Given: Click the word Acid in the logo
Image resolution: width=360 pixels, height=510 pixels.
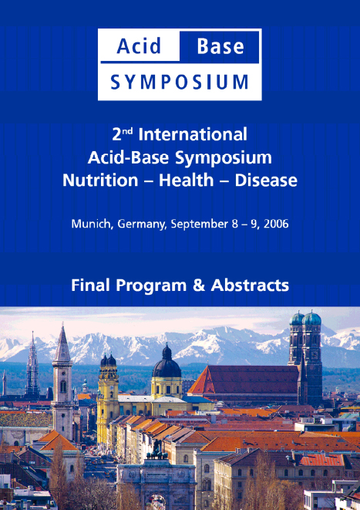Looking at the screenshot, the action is point(139,46).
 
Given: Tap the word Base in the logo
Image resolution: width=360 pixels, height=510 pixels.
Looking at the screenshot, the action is point(220,46).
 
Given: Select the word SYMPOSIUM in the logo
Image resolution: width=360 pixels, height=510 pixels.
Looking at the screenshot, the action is point(180,82).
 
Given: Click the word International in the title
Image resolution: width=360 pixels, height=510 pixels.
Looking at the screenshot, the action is point(193,134).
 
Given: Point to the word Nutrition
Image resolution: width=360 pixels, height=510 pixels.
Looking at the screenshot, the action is point(100,181).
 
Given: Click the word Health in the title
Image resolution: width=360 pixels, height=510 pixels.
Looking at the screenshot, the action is point(187,180).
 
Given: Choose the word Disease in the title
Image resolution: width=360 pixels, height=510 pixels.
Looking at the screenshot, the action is point(266,181).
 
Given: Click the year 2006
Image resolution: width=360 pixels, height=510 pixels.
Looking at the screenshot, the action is point(276,224).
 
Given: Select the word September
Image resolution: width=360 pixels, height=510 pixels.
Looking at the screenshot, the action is point(200,225).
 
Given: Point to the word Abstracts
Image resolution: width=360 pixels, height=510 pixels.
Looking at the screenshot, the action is point(250,285).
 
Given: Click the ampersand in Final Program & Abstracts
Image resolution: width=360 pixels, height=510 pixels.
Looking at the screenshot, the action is point(199,285).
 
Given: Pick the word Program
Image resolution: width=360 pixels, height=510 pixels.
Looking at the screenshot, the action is point(151,286).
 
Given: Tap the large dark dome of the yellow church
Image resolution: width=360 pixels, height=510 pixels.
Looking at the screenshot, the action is point(167,364).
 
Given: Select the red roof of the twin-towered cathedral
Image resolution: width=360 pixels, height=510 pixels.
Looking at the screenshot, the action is point(247,380).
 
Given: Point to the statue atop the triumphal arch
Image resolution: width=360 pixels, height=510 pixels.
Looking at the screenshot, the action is point(157,451).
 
